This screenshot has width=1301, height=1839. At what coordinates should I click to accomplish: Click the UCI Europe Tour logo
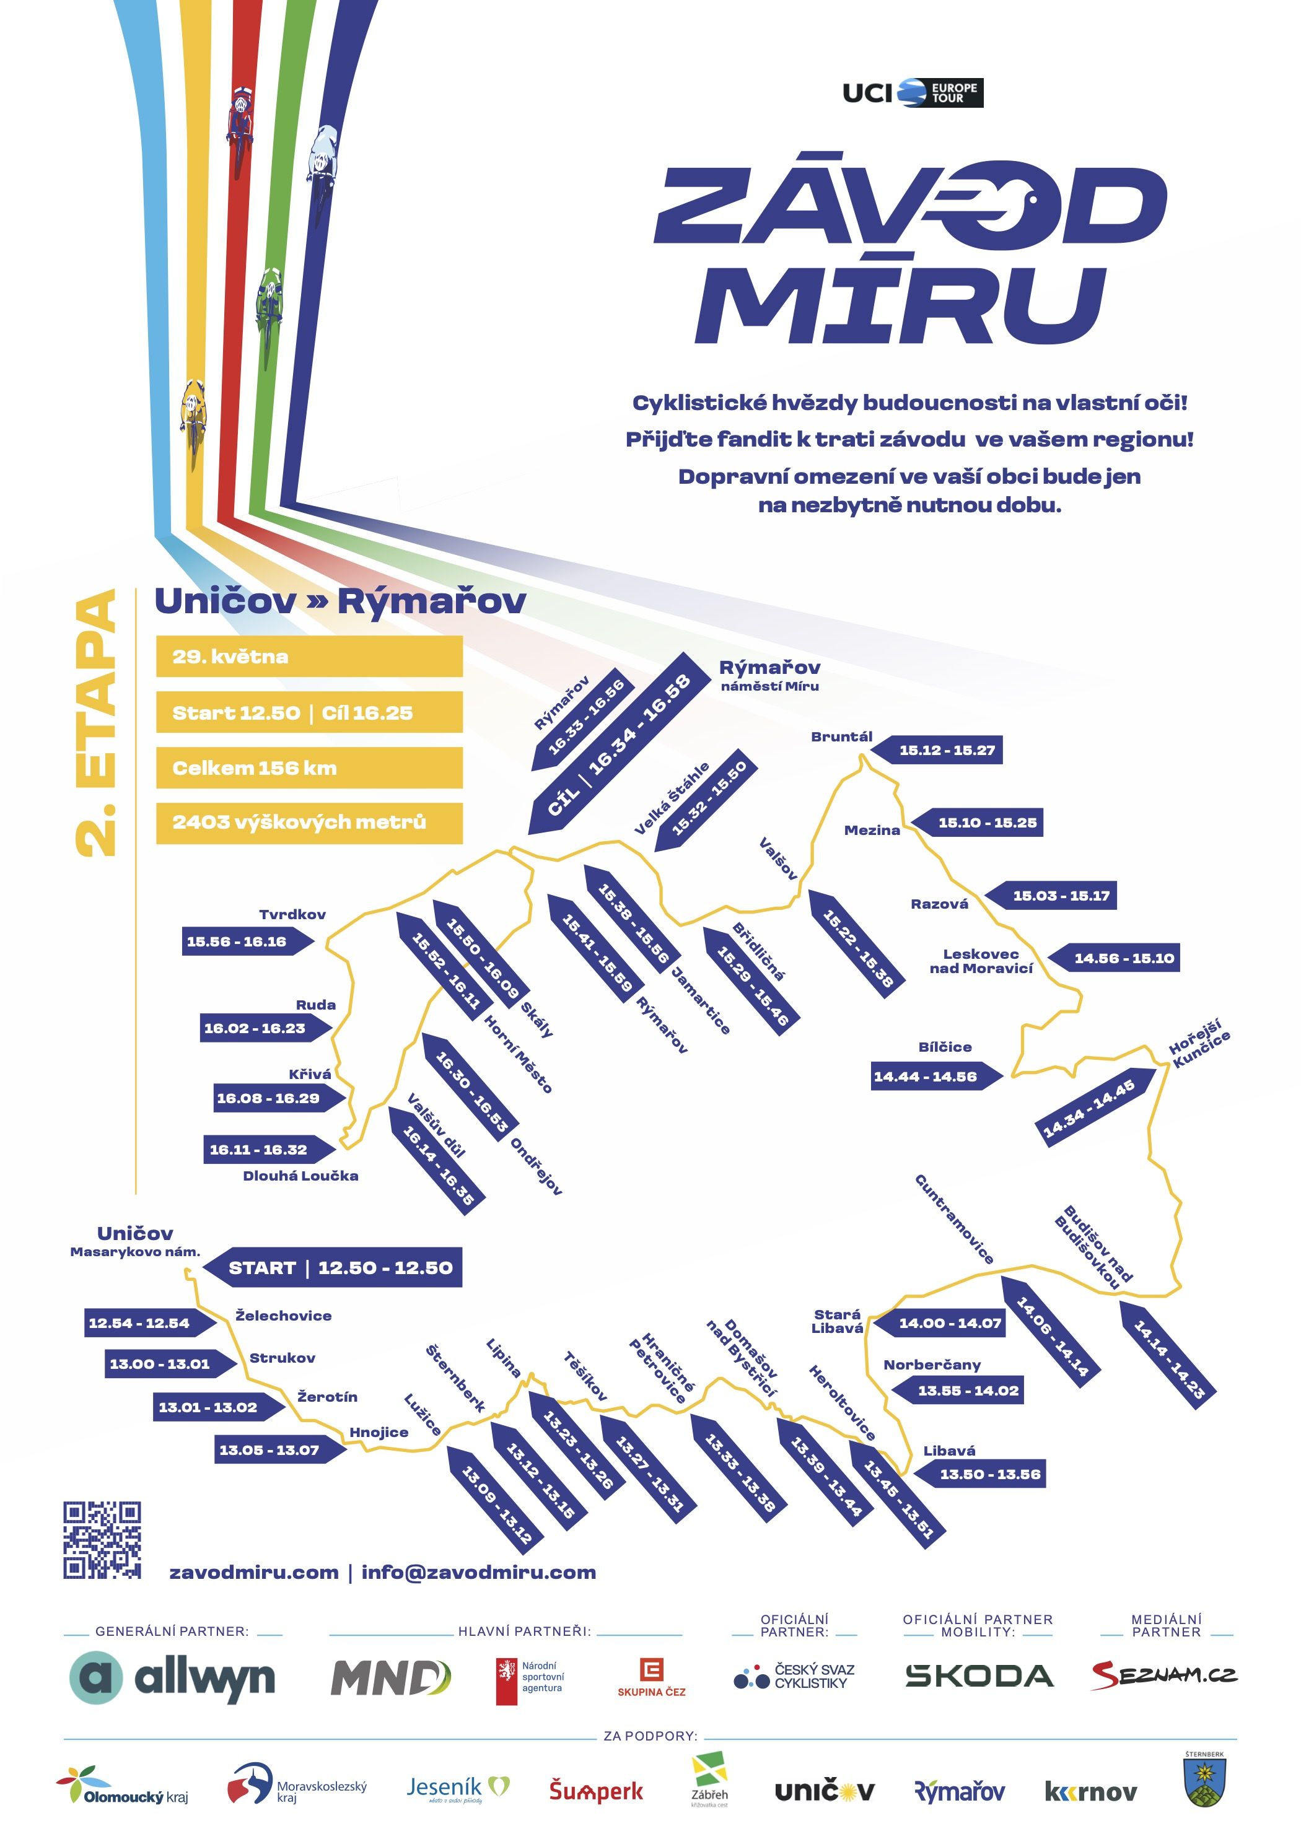tap(913, 93)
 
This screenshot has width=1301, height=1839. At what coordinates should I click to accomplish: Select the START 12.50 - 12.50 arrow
tap(333, 1267)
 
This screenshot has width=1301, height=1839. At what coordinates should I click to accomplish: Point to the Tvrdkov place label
tap(292, 914)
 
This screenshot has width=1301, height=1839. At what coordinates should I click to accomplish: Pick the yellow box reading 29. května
tap(309, 656)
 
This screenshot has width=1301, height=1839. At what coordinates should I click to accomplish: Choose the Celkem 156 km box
tap(309, 767)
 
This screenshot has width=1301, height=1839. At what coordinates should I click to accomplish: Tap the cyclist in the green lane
tap(269, 304)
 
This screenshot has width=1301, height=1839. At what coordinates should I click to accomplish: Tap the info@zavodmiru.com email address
tap(478, 1572)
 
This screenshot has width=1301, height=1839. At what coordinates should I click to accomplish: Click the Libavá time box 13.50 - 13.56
tap(982, 1474)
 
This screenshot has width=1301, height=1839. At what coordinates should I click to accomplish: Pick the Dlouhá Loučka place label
tap(300, 1176)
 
